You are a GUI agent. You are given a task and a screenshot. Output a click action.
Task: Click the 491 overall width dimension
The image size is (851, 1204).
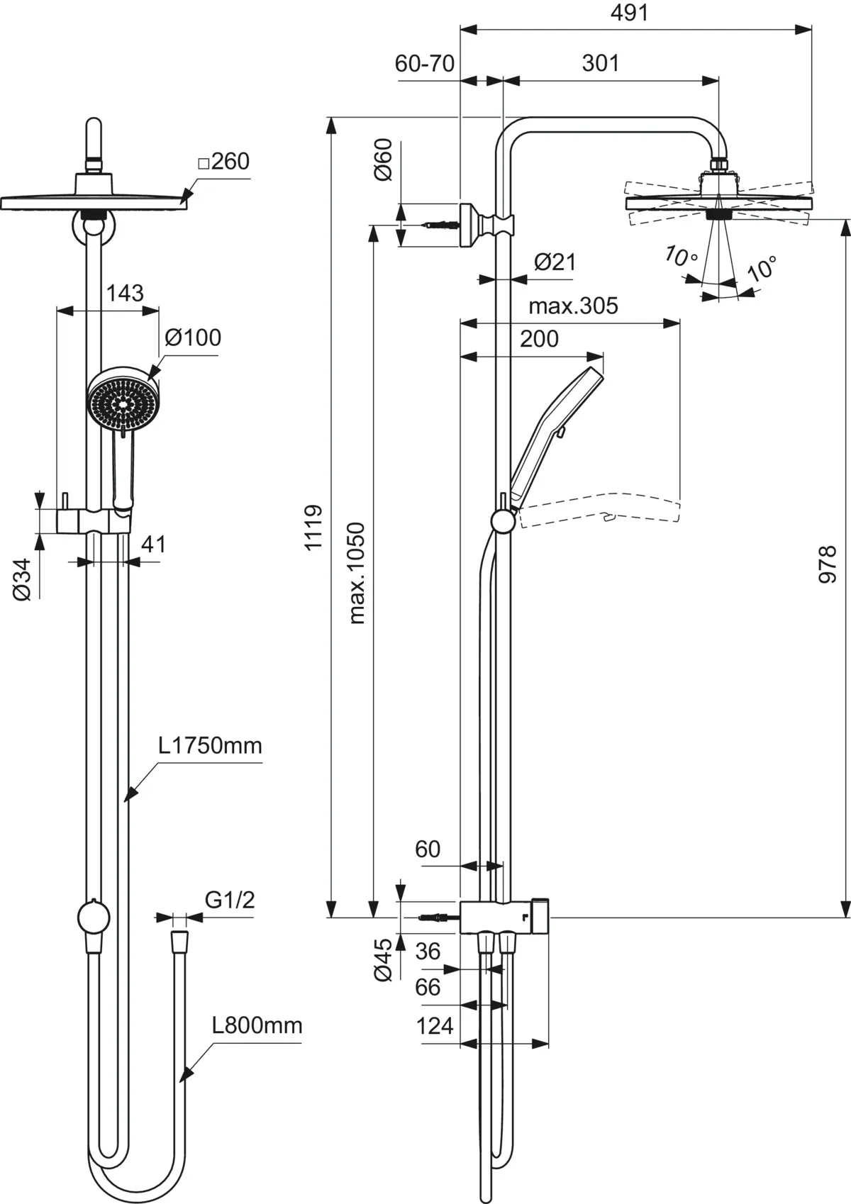pyautogui.click(x=630, y=13)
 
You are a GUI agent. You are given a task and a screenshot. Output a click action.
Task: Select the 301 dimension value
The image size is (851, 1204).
pyautogui.click(x=601, y=63)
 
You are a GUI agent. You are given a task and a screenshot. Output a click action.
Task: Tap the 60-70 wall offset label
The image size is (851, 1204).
pyautogui.click(x=425, y=63)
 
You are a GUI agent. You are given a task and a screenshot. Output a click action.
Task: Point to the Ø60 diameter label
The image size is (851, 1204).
pyautogui.click(x=383, y=160)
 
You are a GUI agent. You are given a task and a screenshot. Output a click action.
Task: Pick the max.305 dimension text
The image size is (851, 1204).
pyautogui.click(x=573, y=306)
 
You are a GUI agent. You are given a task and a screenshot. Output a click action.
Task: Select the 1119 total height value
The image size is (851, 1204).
pyautogui.click(x=313, y=526)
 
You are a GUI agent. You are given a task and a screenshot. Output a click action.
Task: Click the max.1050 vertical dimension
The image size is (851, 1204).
pyautogui.click(x=357, y=573)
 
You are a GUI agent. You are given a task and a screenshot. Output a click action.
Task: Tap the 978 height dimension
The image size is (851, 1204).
pyautogui.click(x=828, y=564)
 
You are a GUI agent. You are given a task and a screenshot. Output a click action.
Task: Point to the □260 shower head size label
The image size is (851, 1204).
pyautogui.click(x=223, y=162)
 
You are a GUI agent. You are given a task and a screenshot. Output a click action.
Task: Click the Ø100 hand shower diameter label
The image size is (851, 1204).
pyautogui.click(x=193, y=337)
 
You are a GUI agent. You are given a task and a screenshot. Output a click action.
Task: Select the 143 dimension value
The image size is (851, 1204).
pyautogui.click(x=125, y=292)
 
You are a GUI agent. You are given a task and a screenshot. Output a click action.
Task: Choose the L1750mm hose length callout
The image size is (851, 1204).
pyautogui.click(x=210, y=745)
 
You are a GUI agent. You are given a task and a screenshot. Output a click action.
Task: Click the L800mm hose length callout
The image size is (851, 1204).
pyautogui.click(x=257, y=1025)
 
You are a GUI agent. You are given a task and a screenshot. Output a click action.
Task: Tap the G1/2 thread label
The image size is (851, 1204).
pyautogui.click(x=230, y=900)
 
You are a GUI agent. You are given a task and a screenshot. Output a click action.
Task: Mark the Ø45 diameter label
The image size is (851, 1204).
pyautogui.click(x=383, y=959)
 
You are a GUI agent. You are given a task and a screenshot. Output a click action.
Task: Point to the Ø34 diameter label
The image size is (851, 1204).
pyautogui.click(x=23, y=579)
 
